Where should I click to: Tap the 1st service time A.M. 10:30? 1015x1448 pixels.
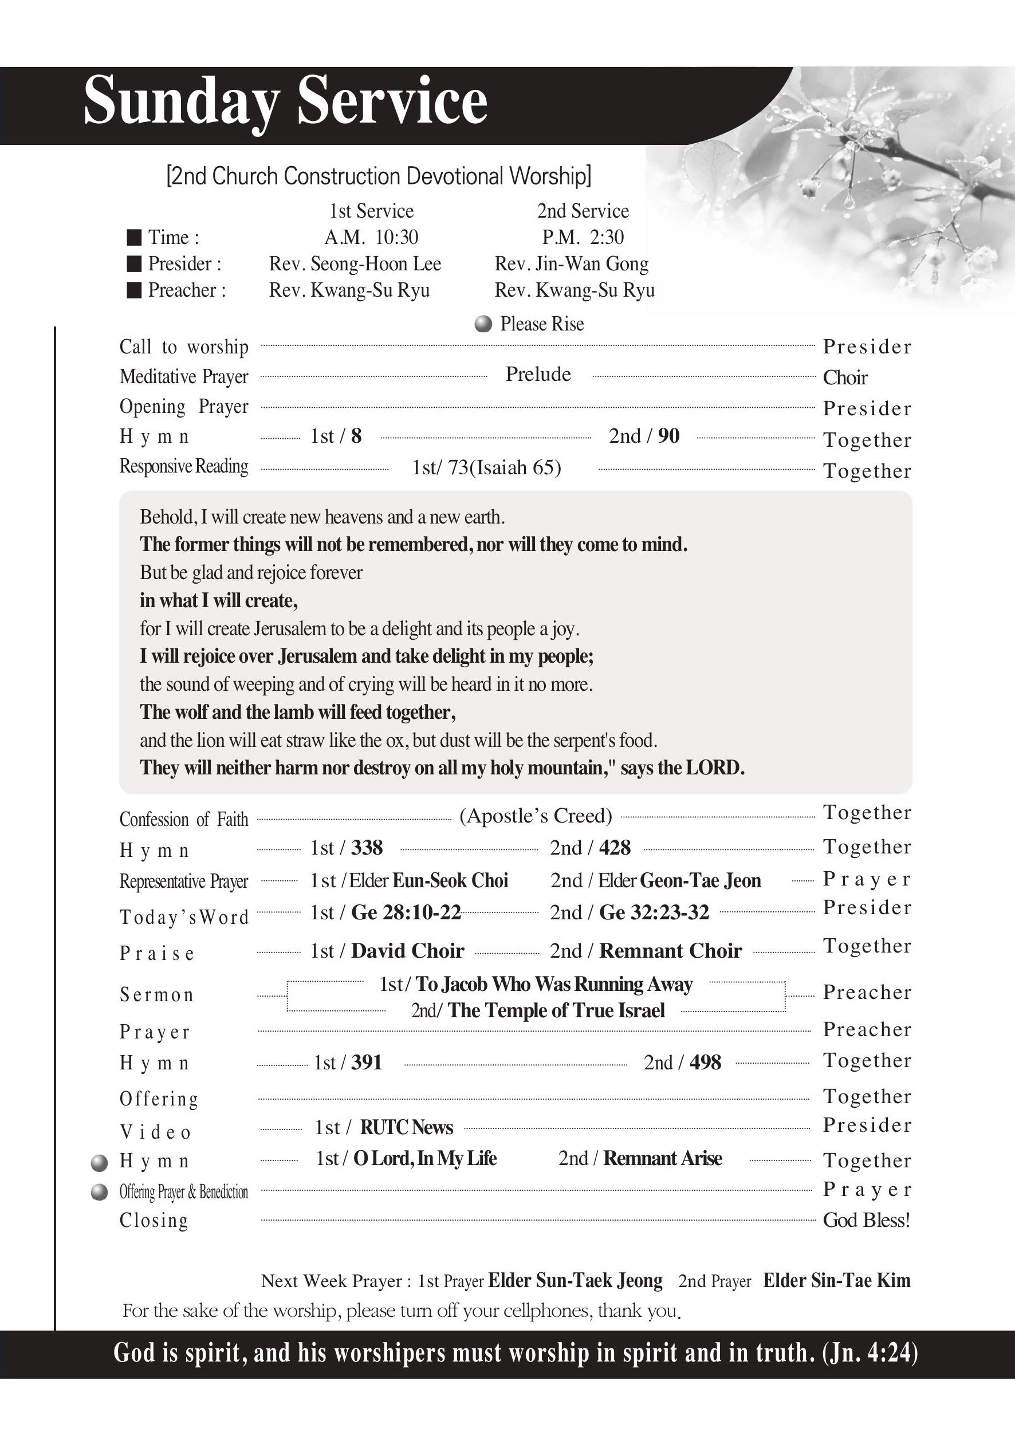(x=371, y=238)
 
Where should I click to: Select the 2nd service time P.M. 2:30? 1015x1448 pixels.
(x=583, y=238)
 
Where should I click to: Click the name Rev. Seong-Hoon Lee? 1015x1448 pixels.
(x=355, y=264)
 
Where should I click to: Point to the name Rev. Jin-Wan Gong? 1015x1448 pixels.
(x=571, y=264)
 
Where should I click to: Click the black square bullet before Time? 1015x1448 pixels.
(x=133, y=238)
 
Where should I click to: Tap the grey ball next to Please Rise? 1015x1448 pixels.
(x=482, y=324)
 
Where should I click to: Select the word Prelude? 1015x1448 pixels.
(x=538, y=375)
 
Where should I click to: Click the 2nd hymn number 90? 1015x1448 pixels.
(x=668, y=436)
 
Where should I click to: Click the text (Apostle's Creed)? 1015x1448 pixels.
(x=536, y=816)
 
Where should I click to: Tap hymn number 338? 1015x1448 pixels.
(x=367, y=848)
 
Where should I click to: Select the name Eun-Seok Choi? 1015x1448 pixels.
(x=450, y=881)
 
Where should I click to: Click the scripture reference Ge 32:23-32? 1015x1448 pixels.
(x=654, y=912)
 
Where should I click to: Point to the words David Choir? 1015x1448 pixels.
(x=407, y=951)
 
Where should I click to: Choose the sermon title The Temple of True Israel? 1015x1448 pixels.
(x=556, y=1011)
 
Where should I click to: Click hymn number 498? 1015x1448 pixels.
(x=705, y=1063)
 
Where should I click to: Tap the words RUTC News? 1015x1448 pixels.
(x=407, y=1127)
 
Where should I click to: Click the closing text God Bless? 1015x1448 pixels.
(x=866, y=1221)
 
